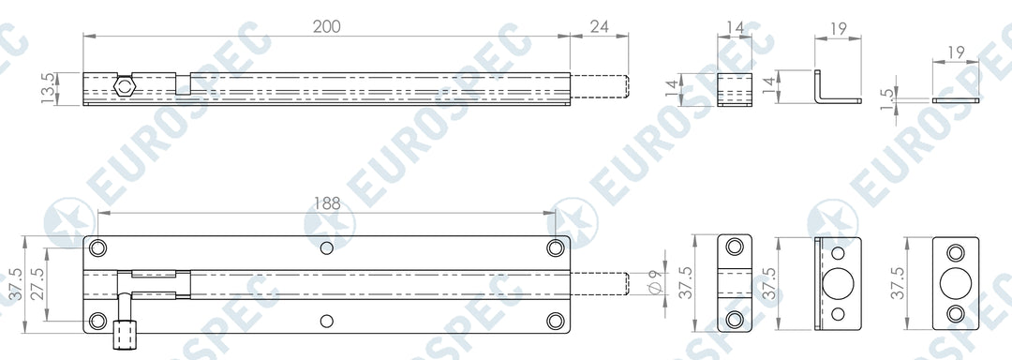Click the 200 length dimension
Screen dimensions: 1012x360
(327, 26)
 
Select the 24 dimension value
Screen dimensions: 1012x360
(600, 26)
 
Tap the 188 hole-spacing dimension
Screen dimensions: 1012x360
(327, 203)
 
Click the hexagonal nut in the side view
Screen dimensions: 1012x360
(123, 86)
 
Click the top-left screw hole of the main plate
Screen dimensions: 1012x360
(98, 248)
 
